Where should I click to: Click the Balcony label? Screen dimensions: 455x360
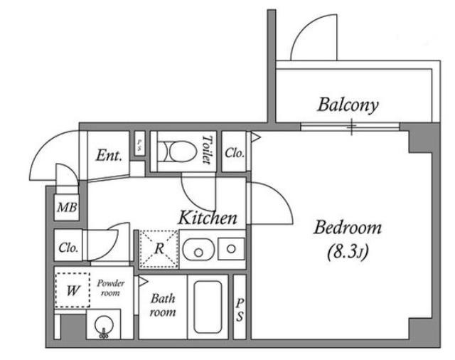tap(348, 105)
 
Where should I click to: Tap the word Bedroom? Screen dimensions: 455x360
tap(348, 228)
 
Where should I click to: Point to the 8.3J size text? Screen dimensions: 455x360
tap(348, 252)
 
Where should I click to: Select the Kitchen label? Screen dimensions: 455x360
tap(208, 218)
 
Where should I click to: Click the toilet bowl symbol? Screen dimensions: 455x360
tap(177, 152)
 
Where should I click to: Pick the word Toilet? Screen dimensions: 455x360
tap(206, 150)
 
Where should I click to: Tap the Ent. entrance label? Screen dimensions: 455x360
tap(109, 155)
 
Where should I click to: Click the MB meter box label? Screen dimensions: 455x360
tap(67, 208)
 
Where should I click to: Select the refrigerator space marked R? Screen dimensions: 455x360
tap(159, 249)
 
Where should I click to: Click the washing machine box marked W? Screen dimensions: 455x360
tap(73, 290)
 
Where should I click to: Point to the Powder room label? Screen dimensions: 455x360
tap(111, 288)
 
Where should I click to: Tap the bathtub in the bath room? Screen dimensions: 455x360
tap(208, 307)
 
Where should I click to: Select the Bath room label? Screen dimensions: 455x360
tap(163, 305)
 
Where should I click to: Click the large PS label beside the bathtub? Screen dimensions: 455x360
tap(240, 309)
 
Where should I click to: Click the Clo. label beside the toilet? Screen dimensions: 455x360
tap(235, 153)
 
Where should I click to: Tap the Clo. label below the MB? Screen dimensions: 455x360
tap(68, 248)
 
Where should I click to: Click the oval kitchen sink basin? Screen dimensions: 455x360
tap(199, 250)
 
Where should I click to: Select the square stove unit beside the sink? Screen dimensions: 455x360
tap(231, 249)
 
